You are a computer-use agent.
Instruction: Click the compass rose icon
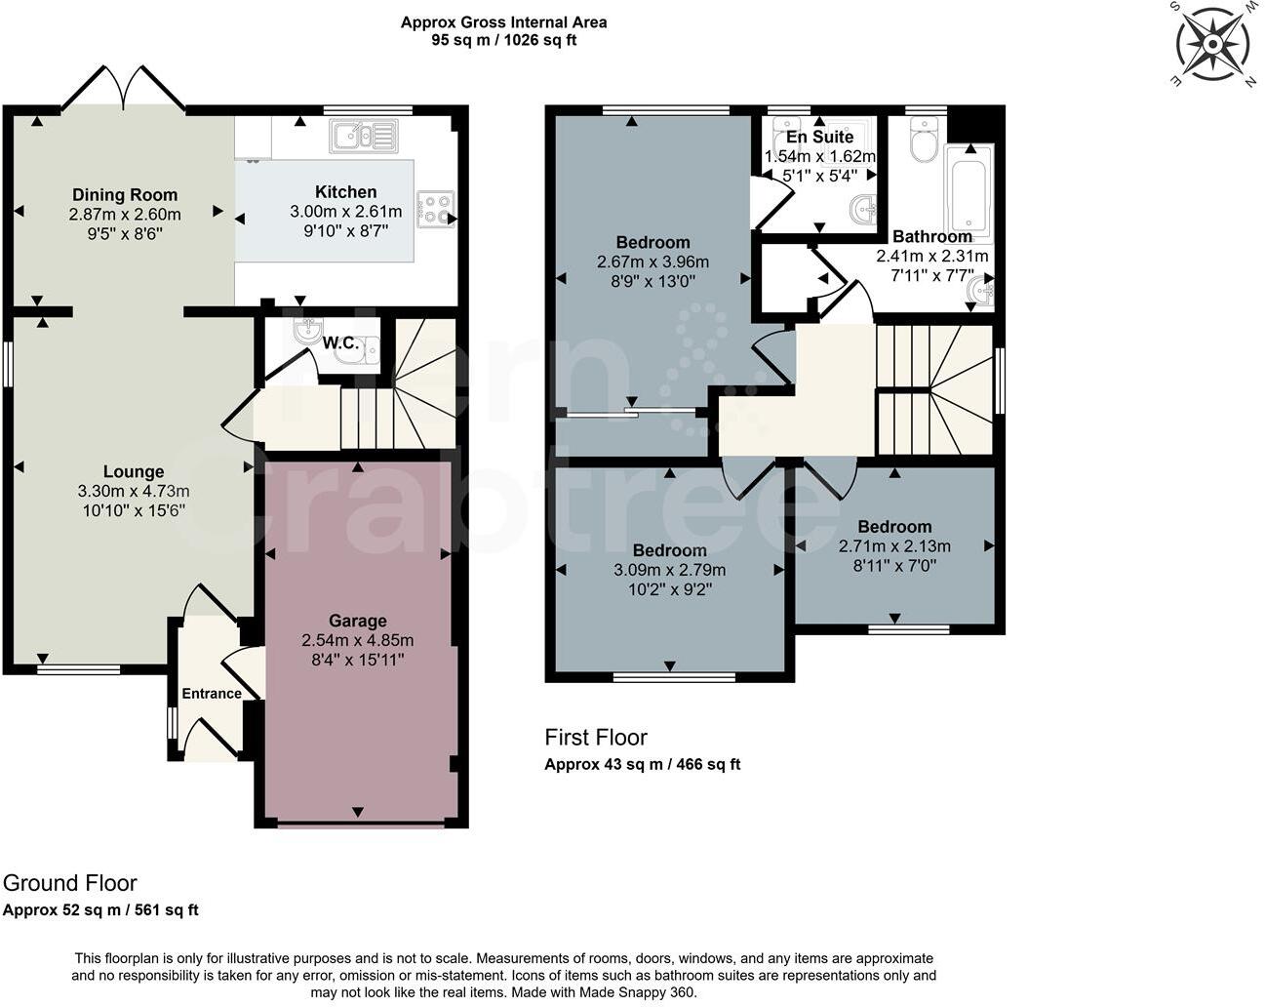point(1212,44)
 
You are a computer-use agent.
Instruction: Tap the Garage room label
point(357,621)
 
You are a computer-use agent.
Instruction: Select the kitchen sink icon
point(364,136)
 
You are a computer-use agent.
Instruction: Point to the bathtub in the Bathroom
point(969,191)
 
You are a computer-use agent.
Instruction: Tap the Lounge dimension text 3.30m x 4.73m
point(134,491)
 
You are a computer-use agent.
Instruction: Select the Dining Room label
point(125,195)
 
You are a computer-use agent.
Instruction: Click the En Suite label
point(819,137)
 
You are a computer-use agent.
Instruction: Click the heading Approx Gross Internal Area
point(503,22)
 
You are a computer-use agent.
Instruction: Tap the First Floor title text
point(595,738)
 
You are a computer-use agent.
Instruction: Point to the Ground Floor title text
point(69,883)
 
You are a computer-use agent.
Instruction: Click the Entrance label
point(212,694)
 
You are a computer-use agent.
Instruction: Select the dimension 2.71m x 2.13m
point(894,545)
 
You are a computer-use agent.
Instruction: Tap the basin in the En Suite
point(863,209)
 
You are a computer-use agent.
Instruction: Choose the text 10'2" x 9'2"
point(669,589)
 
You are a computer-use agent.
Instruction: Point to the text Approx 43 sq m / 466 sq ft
point(642,764)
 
